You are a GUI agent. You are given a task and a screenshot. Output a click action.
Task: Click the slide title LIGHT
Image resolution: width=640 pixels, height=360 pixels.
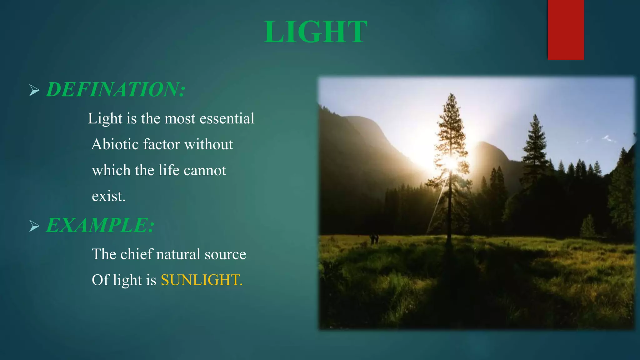click(x=315, y=32)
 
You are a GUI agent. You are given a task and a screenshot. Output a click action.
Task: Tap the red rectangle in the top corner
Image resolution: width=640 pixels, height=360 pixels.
click(x=566, y=30)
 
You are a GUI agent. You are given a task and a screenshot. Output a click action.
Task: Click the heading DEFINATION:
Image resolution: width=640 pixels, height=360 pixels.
click(x=116, y=90)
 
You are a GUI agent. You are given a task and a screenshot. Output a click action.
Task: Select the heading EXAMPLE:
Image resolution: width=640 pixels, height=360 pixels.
click(x=100, y=225)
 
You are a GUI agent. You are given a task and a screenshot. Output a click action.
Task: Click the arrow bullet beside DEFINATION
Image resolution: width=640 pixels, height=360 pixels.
click(x=34, y=90)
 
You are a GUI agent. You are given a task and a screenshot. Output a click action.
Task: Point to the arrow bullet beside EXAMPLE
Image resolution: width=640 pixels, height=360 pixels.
click(x=34, y=226)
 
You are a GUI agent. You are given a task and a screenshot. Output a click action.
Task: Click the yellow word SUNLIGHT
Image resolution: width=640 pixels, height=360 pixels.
click(x=201, y=280)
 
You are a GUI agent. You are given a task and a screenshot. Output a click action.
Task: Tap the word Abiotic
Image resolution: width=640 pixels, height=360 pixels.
click(x=114, y=144)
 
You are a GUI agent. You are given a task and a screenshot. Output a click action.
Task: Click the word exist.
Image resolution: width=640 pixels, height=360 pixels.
click(x=108, y=196)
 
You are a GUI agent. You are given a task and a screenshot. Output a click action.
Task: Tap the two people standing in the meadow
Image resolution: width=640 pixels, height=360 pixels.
click(x=374, y=239)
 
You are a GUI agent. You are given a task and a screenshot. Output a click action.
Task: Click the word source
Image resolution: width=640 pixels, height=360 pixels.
click(x=225, y=254)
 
